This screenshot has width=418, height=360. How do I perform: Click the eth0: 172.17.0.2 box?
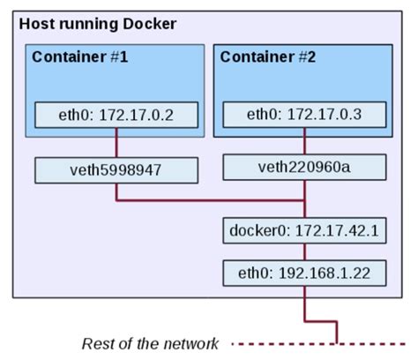click(116, 115)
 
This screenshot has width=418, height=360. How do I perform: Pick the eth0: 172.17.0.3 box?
click(304, 115)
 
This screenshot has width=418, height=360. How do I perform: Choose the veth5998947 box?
click(116, 169)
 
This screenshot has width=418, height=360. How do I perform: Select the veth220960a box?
click(304, 166)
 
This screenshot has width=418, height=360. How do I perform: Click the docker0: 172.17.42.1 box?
click(304, 233)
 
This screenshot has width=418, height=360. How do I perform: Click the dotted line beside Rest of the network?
click(282, 342)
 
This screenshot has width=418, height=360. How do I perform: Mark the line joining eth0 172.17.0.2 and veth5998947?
click(116, 142)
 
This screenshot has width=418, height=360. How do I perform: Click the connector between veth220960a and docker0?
click(304, 199)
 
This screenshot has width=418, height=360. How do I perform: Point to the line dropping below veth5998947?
click(116, 191)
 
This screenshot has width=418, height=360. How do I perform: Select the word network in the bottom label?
click(196, 342)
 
